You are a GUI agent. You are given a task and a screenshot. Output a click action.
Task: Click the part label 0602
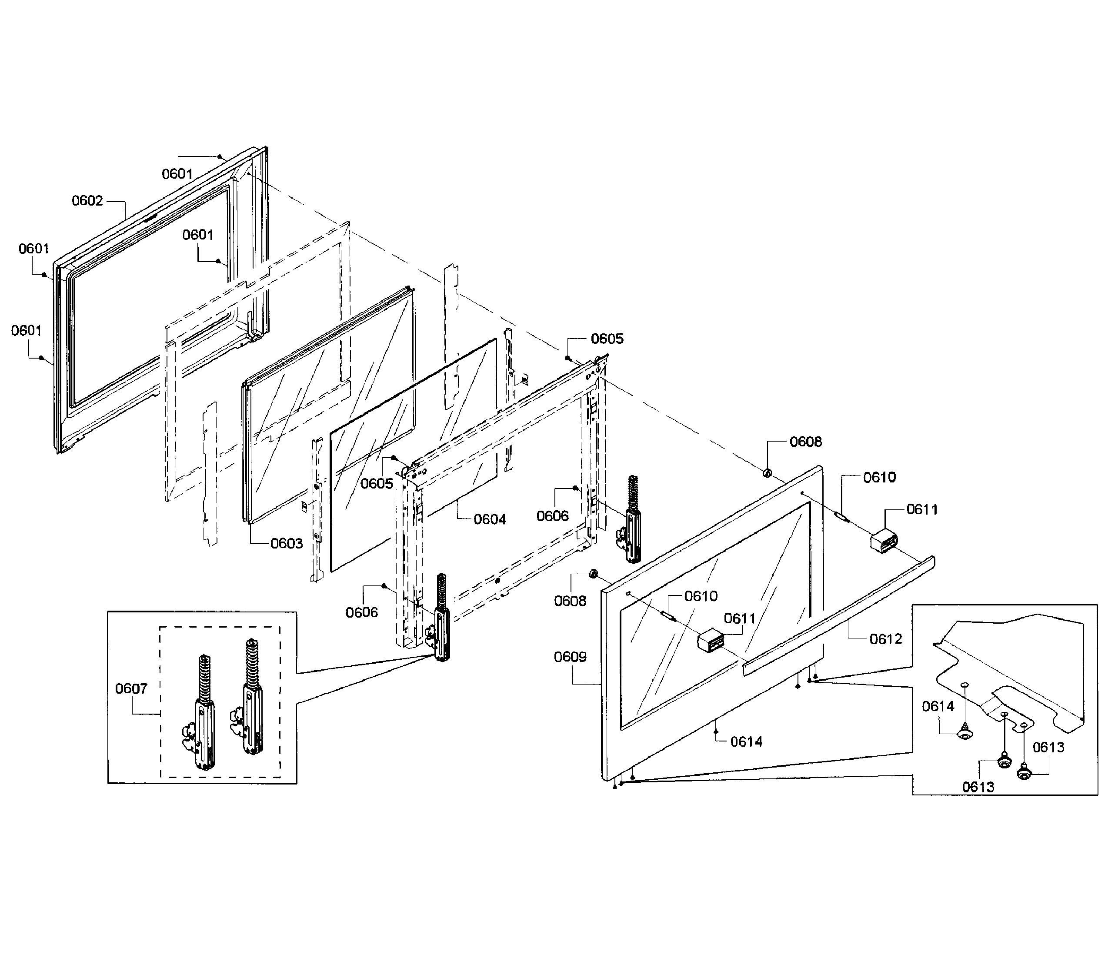tap(87, 201)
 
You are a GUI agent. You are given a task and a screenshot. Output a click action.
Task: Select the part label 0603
tap(286, 543)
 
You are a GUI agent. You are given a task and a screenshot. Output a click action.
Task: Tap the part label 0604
tap(490, 519)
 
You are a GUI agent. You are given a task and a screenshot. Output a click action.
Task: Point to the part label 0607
tap(131, 688)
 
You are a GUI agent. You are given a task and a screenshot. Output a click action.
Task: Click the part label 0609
tap(570, 657)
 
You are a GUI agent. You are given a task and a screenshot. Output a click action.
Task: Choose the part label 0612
tap(886, 639)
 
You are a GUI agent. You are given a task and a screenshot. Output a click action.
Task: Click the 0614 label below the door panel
tap(746, 742)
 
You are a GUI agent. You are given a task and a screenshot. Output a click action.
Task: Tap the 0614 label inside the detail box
tap(938, 706)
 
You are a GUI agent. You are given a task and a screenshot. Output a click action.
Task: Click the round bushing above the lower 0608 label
tap(594, 573)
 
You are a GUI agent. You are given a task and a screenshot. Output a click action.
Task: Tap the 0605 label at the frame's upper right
tap(607, 339)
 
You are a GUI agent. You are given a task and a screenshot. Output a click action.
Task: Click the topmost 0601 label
tap(177, 174)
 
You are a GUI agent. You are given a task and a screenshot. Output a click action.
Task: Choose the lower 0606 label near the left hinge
tap(362, 612)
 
